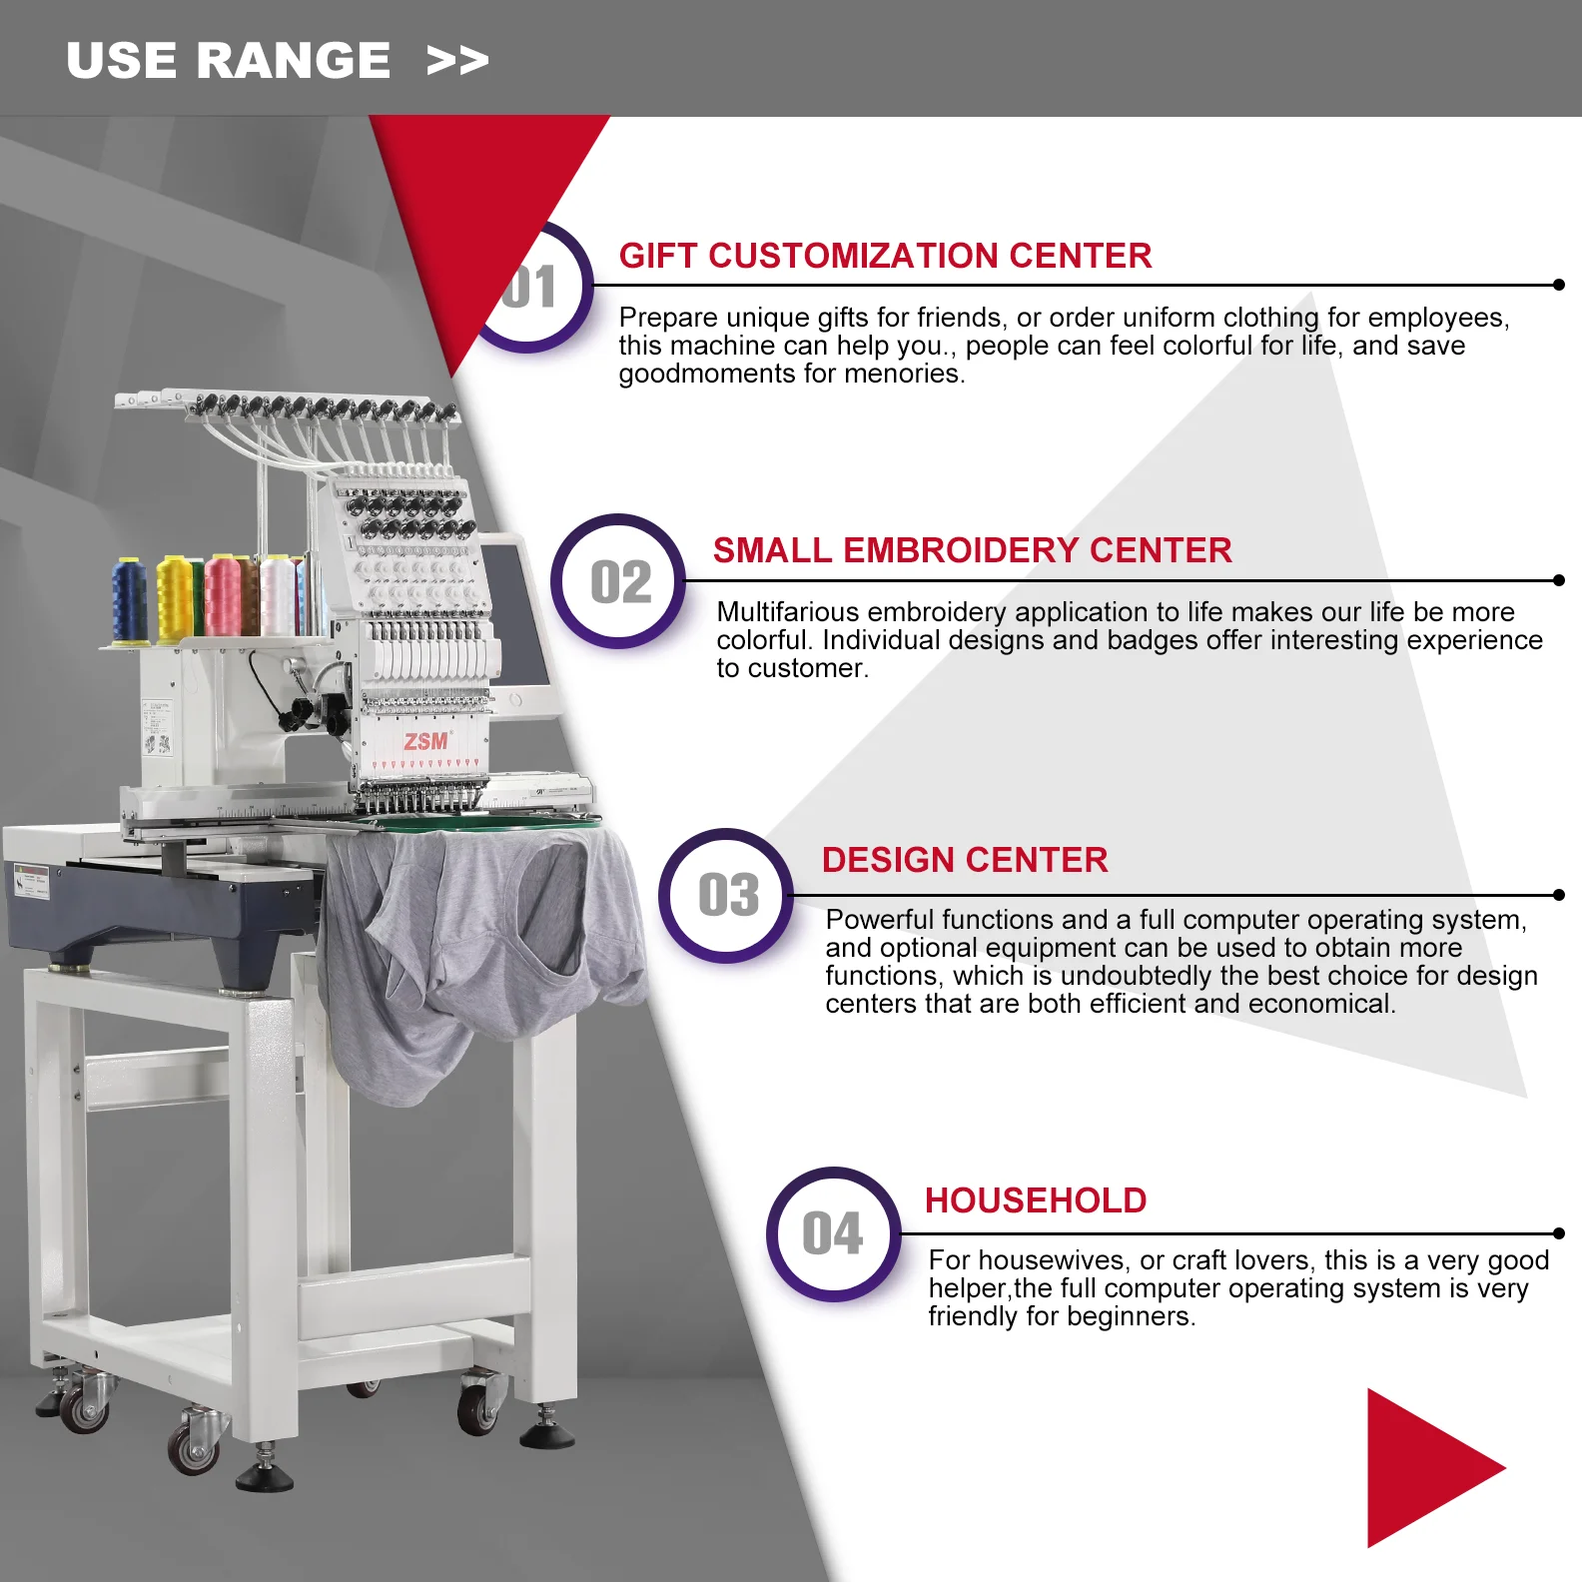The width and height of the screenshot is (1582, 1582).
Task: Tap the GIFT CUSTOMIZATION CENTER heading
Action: pos(885,256)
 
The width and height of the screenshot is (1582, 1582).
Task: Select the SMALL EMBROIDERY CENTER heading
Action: pos(972,550)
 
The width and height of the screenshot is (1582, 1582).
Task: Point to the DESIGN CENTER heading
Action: pos(965,860)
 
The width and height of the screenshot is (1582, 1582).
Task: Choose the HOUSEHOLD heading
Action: pos(1036,1200)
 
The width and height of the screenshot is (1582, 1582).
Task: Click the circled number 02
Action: pos(619,582)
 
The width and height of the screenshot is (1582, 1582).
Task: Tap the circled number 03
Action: pos(728,896)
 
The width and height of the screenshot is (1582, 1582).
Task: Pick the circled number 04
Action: pos(833,1234)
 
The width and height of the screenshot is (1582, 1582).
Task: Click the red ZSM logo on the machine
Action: pos(426,741)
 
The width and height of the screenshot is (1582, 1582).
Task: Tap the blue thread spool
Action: pos(129,600)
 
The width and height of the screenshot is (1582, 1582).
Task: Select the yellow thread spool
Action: pos(174,599)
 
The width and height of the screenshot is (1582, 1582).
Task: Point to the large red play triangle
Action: pos(1428,1467)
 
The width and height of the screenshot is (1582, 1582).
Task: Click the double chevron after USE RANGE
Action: pos(457,61)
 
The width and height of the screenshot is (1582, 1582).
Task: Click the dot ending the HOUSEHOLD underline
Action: pos(1559,1233)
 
